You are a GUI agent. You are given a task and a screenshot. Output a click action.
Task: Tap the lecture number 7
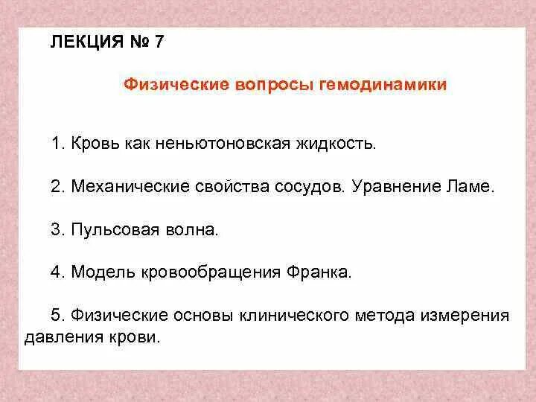click(159, 42)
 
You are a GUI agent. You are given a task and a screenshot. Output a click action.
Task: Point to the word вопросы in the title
click(272, 85)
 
